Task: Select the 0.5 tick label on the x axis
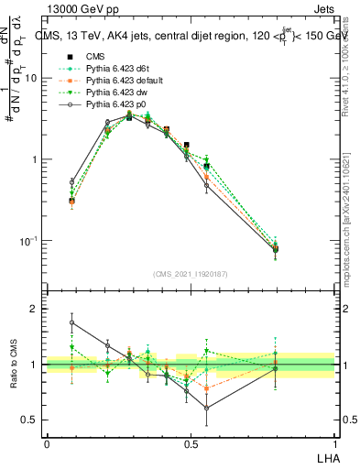(190, 443)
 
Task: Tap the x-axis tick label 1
(333, 443)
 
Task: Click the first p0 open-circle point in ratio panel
(72, 322)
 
